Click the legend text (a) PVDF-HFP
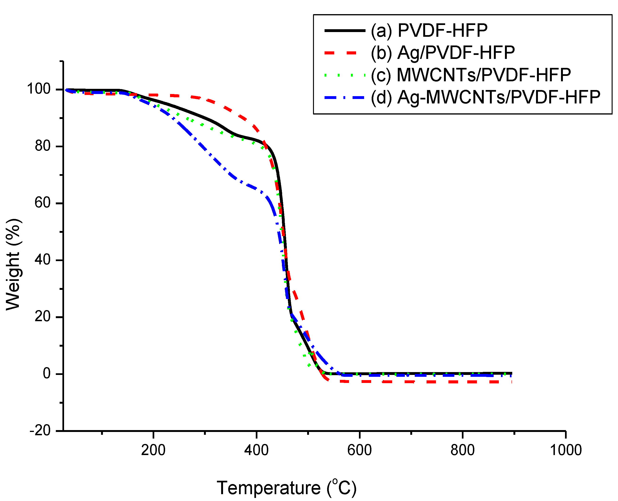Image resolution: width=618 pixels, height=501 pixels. tap(429, 30)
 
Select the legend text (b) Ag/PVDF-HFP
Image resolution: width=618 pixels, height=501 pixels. tap(443, 53)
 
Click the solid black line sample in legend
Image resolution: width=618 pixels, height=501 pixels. tap(345, 30)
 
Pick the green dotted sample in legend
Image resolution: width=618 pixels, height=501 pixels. tap(345, 75)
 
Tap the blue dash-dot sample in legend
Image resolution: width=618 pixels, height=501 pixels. tap(345, 98)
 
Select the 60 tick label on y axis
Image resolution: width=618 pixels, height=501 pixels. tap(42, 203)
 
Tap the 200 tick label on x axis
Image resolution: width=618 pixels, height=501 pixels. tap(153, 450)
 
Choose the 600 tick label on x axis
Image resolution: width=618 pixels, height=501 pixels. tap(359, 450)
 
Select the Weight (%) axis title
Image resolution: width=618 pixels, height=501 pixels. tap(13, 264)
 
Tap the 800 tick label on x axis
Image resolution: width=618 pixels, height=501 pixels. tap(463, 450)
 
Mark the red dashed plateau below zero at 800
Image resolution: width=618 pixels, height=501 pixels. tap(463, 382)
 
